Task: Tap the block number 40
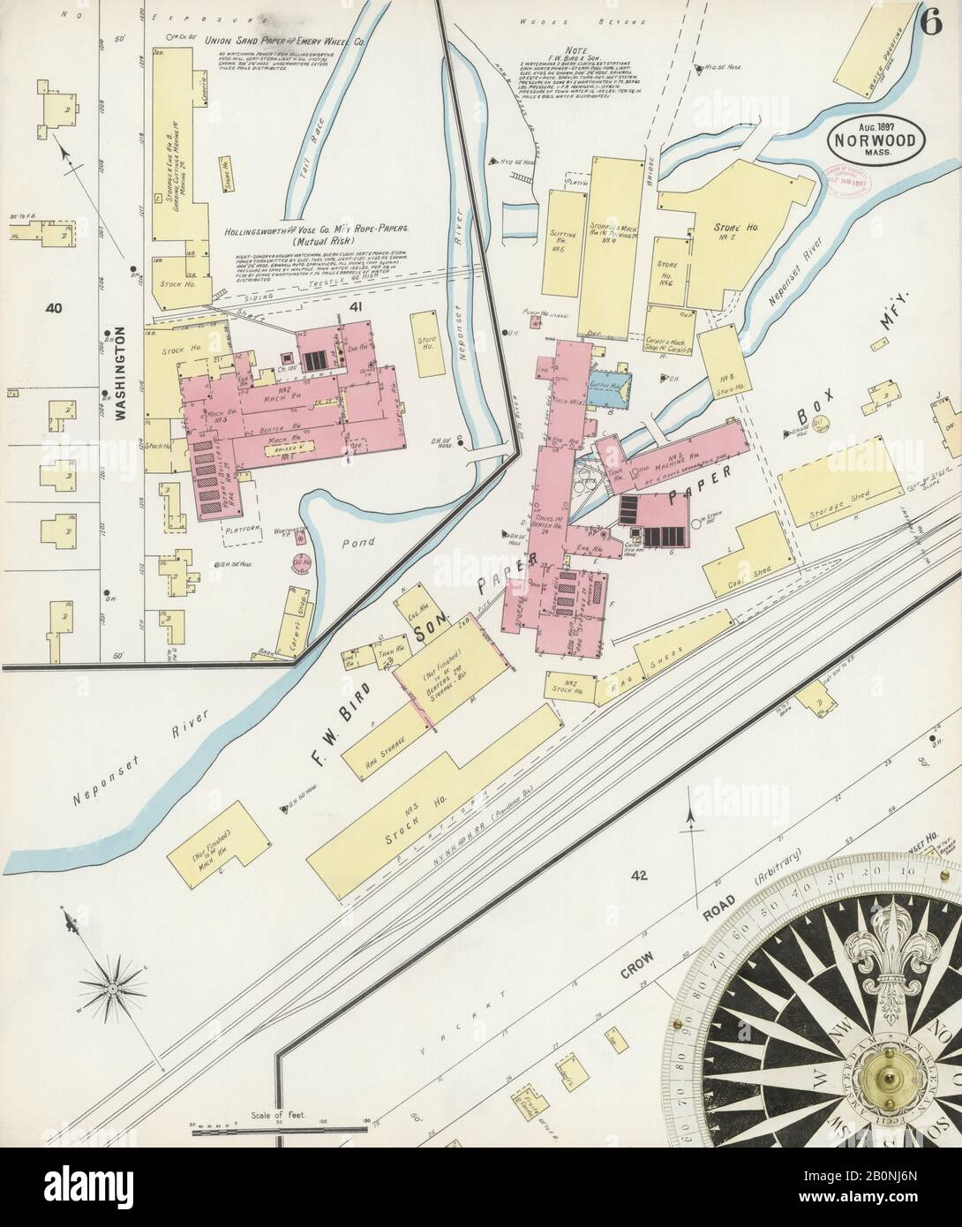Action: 55,308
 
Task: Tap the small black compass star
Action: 113,990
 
